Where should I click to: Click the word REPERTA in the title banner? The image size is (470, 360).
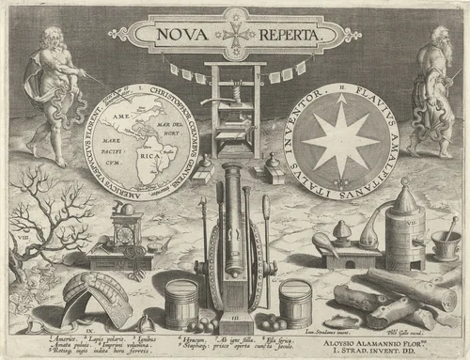[x=284, y=35]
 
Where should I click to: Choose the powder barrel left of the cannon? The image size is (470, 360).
[x=181, y=303]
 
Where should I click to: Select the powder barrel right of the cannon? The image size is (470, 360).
[x=295, y=303]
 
